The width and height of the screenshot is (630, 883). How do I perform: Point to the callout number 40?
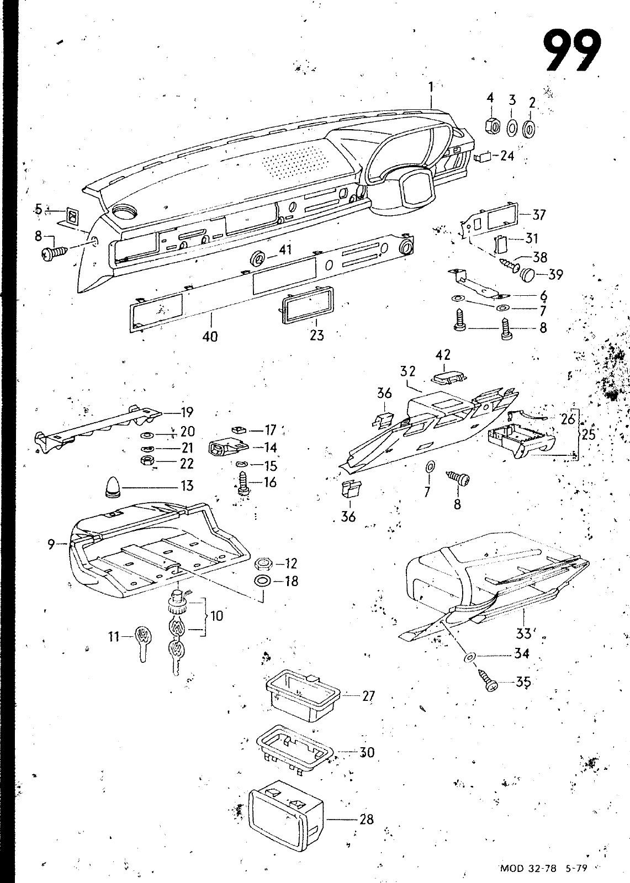click(x=210, y=336)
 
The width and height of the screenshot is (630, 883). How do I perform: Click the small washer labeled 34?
click(x=470, y=657)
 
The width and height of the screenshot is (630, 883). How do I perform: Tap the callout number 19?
click(x=187, y=412)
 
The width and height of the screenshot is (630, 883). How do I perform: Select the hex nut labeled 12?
click(x=263, y=564)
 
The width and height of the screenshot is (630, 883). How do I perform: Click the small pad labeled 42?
click(x=448, y=377)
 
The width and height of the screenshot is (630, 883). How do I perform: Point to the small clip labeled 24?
click(x=484, y=157)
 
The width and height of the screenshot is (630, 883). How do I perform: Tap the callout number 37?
click(x=539, y=215)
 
